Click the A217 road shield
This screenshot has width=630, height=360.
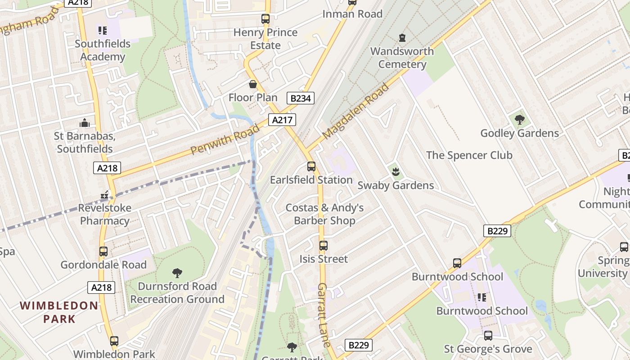[282, 120]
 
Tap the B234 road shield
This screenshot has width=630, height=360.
[300, 98]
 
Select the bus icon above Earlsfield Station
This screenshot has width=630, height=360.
[311, 166]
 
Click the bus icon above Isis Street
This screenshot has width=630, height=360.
[323, 246]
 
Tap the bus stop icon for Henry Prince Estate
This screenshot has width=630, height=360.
[265, 19]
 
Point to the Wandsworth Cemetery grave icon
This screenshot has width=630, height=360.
[402, 38]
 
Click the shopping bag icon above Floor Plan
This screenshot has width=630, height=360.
[253, 84]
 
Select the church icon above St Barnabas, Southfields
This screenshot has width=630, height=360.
[84, 123]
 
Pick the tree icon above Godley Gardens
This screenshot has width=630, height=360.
[519, 120]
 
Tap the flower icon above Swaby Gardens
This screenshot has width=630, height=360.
[396, 171]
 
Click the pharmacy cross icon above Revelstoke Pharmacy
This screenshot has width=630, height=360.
[104, 195]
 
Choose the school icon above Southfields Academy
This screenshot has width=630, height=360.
[103, 31]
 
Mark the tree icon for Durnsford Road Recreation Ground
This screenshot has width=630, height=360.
[177, 273]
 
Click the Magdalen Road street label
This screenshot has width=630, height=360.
[355, 111]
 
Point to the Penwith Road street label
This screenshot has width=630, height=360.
[225, 139]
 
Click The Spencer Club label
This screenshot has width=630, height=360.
[469, 155]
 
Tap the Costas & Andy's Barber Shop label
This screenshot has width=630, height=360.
[324, 214]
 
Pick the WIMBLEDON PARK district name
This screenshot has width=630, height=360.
[59, 312]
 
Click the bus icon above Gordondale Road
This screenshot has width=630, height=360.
[103, 252]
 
